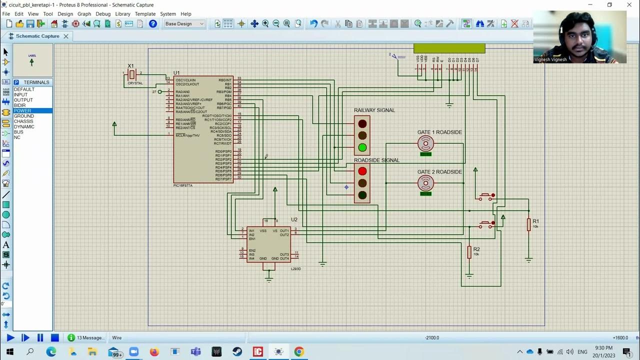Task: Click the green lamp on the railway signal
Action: (362, 147)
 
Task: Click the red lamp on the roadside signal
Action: (362, 171)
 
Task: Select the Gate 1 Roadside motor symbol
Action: (425, 144)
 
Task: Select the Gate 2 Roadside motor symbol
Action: (425, 183)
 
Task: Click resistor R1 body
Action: (528, 225)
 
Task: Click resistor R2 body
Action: (469, 252)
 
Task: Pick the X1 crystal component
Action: (132, 74)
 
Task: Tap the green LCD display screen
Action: (449, 48)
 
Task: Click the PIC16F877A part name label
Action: (183, 185)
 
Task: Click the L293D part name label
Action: (296, 269)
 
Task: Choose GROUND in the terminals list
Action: (24, 116)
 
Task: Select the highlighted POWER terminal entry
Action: (22, 110)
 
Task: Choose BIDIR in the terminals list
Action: (20, 105)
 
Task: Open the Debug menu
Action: (103, 14)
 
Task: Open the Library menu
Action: (122, 14)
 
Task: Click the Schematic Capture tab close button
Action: (65, 36)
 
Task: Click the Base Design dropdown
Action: (184, 23)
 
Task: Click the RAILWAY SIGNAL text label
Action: (374, 110)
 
